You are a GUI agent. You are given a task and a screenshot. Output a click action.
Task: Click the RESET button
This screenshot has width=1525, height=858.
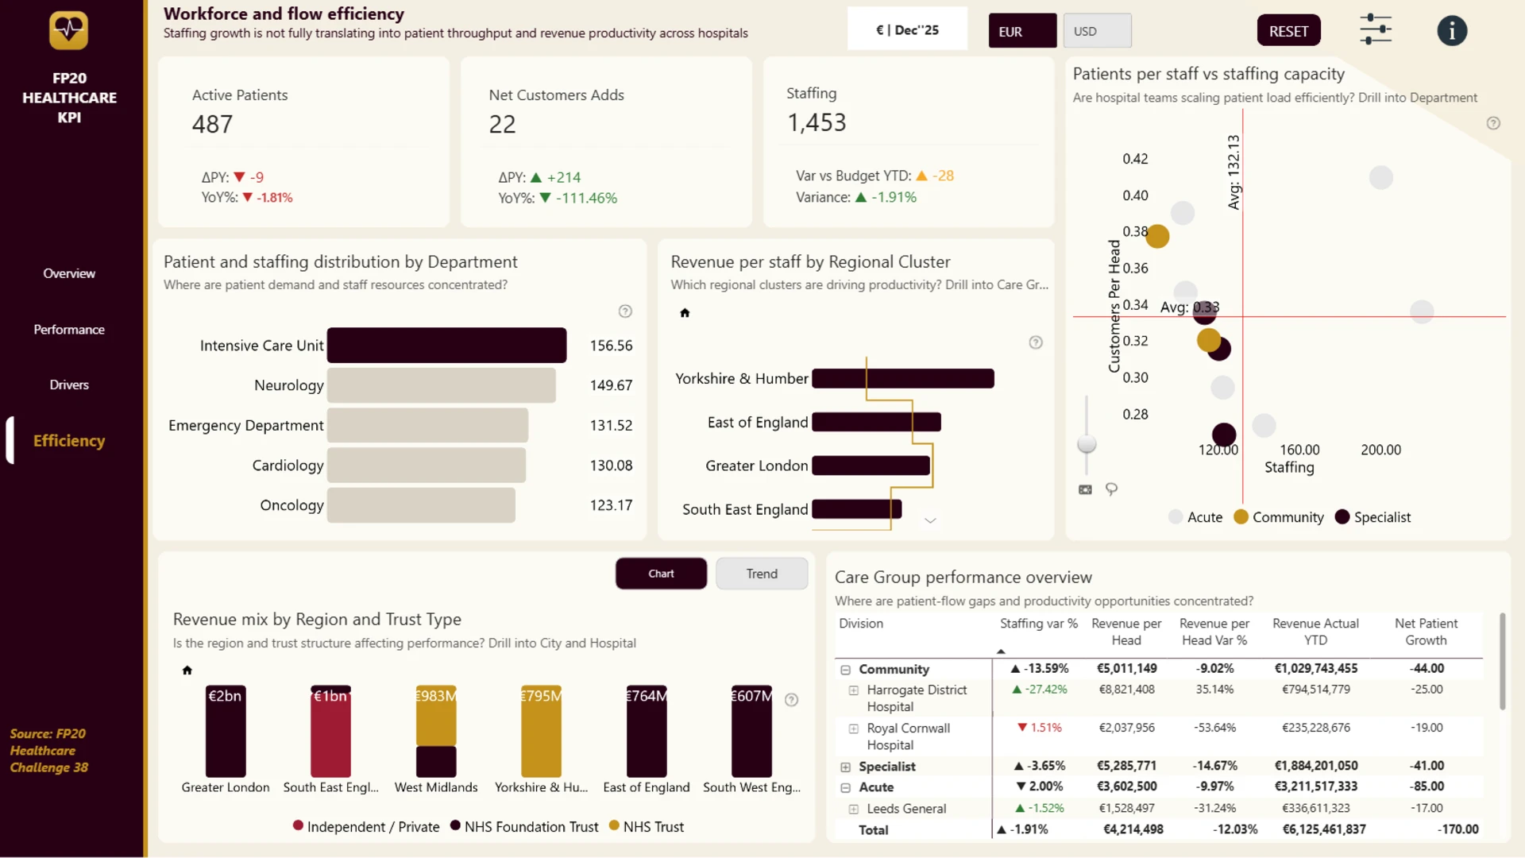point(1288,31)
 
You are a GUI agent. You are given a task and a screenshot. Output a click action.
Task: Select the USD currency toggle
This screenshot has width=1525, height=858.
point(1097,31)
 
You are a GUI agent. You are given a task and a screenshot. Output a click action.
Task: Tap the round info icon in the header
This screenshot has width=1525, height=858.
point(1452,31)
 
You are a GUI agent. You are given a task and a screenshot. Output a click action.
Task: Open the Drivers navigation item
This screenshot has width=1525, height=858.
point(69,385)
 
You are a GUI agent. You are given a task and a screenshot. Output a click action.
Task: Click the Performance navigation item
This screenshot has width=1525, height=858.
point(69,330)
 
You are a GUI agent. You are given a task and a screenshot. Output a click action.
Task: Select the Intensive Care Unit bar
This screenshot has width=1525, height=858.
point(446,346)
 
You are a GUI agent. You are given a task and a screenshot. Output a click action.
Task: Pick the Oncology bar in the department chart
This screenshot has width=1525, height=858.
point(421,505)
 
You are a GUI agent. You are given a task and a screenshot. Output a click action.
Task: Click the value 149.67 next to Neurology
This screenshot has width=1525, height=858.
point(611,385)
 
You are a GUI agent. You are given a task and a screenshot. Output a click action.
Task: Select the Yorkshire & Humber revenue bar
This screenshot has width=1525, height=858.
point(903,379)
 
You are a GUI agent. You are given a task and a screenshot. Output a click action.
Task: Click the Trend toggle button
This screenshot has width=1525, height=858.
point(762,574)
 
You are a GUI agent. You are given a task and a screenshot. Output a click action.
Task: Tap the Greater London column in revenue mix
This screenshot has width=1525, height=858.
point(226,731)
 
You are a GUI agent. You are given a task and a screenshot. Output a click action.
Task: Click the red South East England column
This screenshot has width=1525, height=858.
point(330,731)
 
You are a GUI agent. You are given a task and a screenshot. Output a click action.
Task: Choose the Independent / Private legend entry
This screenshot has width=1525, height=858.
point(366,827)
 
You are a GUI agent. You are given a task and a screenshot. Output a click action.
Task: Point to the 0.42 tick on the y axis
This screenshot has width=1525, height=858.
point(1135,159)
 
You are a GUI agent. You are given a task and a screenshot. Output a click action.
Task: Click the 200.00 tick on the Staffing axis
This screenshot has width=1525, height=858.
point(1380,450)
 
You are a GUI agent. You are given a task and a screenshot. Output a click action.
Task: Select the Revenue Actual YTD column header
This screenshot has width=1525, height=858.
point(1315,632)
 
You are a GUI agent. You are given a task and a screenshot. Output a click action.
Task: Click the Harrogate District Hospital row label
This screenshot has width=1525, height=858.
point(917,698)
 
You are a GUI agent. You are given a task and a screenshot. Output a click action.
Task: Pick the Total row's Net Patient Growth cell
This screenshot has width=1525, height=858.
point(1457,829)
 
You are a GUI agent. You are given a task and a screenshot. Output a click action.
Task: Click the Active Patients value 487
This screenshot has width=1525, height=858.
point(212,124)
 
